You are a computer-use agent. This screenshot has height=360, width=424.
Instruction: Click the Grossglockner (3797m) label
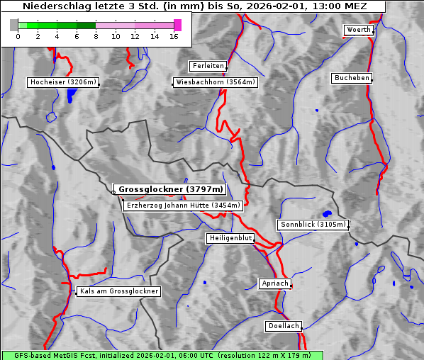tap(170, 190)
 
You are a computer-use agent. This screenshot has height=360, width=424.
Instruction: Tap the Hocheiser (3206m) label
tap(62, 82)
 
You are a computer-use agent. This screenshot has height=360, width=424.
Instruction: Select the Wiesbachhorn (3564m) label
tap(216, 82)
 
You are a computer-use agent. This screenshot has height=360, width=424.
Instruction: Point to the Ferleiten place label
tap(208, 66)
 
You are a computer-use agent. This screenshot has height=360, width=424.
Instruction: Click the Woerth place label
tap(358, 30)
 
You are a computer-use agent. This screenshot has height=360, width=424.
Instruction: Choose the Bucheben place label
tap(352, 77)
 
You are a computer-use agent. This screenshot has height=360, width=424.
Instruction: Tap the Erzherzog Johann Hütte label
tap(183, 206)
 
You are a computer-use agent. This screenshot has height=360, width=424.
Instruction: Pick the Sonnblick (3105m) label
tap(313, 225)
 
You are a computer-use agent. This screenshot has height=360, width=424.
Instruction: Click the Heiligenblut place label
tap(230, 238)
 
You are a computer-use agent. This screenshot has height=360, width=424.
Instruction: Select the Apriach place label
tap(274, 283)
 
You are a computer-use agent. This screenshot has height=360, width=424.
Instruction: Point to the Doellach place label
tap(284, 326)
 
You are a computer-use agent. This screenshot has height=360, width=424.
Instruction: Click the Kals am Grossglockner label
tap(119, 291)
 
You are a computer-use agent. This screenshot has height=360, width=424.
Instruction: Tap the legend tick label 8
tap(96, 35)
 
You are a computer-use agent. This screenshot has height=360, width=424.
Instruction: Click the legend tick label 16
tap(174, 35)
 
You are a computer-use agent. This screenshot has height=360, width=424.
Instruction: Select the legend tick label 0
tap(18, 35)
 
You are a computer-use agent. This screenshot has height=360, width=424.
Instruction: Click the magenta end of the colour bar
tap(177, 25)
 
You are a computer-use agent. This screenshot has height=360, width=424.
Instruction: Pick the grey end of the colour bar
tap(14, 25)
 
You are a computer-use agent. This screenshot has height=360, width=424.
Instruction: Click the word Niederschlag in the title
tap(50, 6)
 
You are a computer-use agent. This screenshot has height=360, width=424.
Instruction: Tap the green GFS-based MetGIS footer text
tap(162, 355)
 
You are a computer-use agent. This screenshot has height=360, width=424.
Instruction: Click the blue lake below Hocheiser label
tap(70, 96)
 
